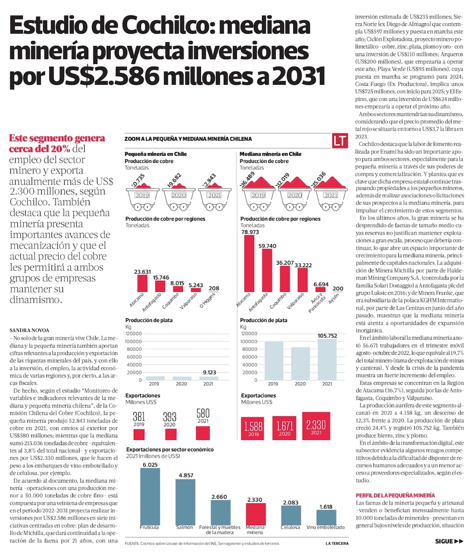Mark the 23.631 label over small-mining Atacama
tap(142, 272)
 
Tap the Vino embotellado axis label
tap(326, 527)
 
